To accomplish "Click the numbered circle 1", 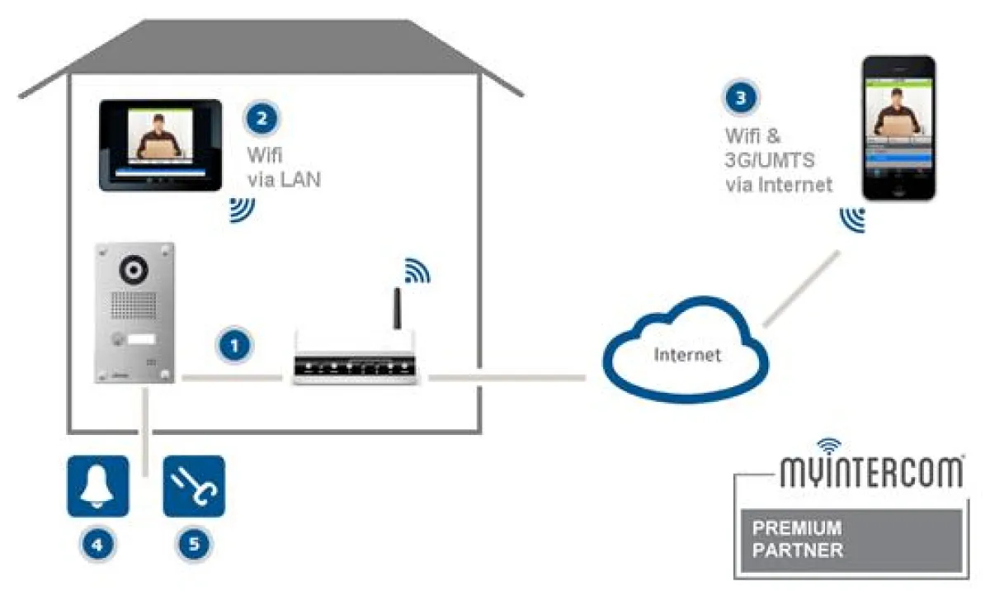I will click(x=236, y=345).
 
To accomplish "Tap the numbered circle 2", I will click(x=262, y=118).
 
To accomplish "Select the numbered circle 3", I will click(x=741, y=98).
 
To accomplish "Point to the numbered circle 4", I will click(x=97, y=544).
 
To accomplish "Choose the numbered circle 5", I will click(x=194, y=544).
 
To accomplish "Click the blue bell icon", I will click(x=97, y=486).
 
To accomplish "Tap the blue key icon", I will click(x=194, y=486).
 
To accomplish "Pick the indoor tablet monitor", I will click(x=160, y=145).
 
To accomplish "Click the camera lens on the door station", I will click(x=134, y=269).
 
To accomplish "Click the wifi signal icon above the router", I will click(x=417, y=270).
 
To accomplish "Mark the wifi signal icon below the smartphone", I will click(x=852, y=220).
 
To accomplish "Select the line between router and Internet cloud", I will click(x=507, y=377).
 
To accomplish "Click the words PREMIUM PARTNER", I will click(x=796, y=539).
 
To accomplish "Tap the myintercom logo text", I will click(x=871, y=473).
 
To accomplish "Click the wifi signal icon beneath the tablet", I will click(x=241, y=210).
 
